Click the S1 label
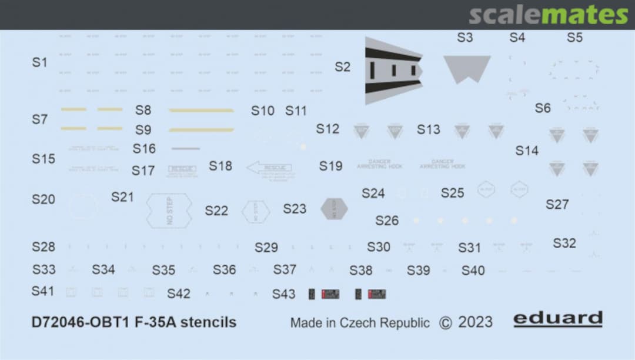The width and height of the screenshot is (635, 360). (39, 62)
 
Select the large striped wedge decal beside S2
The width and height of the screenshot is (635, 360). (392, 71)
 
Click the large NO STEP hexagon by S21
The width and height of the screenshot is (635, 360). (169, 210)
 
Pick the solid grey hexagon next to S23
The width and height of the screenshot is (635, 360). (334, 208)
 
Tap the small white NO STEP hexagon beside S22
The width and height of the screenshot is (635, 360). (256, 211)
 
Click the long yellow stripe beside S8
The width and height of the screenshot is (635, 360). (201, 110)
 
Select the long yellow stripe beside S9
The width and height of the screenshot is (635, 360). (201, 129)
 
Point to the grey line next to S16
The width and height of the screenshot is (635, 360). (185, 148)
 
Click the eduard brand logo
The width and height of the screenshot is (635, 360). (558, 319)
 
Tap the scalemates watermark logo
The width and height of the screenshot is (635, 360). (548, 15)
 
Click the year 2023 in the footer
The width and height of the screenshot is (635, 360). (475, 322)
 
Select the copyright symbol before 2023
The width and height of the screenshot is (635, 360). (446, 323)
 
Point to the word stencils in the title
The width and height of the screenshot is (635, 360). (209, 322)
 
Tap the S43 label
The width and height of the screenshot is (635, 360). (283, 294)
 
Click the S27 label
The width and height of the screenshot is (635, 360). (557, 204)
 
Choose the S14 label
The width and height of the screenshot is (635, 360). (527, 151)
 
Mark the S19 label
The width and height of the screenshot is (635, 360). (330, 166)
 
